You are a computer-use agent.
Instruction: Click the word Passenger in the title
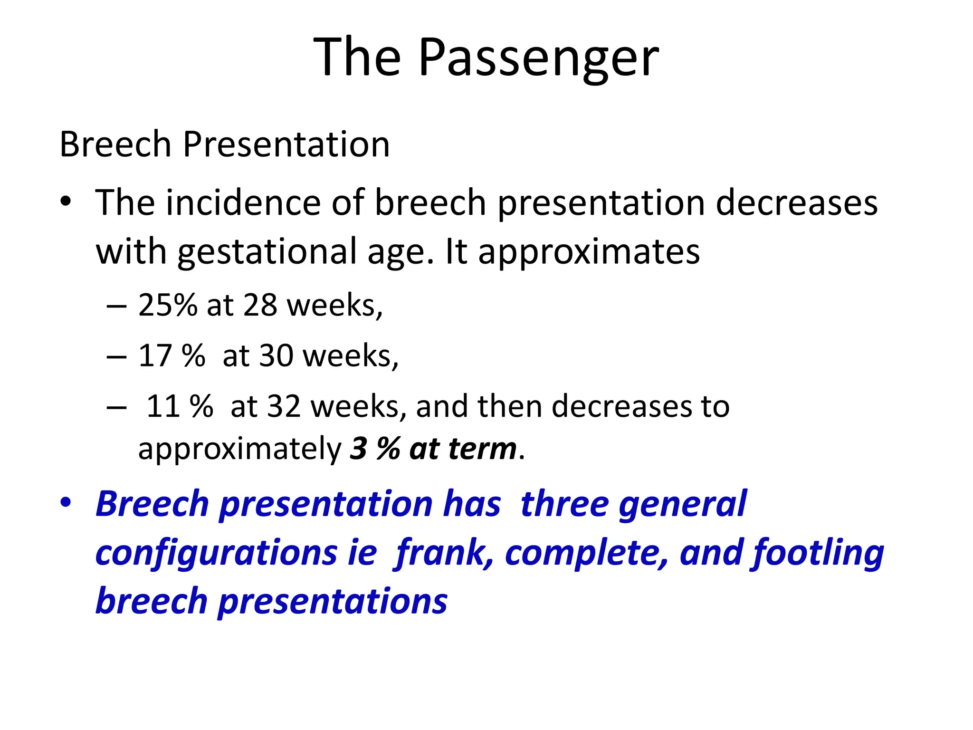(538, 58)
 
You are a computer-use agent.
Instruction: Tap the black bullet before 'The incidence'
(66, 201)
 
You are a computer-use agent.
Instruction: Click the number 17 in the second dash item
(155, 355)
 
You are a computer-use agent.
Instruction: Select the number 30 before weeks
(276, 355)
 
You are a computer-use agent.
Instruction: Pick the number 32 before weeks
(284, 406)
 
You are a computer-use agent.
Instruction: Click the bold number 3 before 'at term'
(358, 448)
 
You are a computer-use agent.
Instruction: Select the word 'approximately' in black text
(239, 449)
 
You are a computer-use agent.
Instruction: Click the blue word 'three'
(564, 504)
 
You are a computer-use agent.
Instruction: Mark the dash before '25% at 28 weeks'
(116, 306)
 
